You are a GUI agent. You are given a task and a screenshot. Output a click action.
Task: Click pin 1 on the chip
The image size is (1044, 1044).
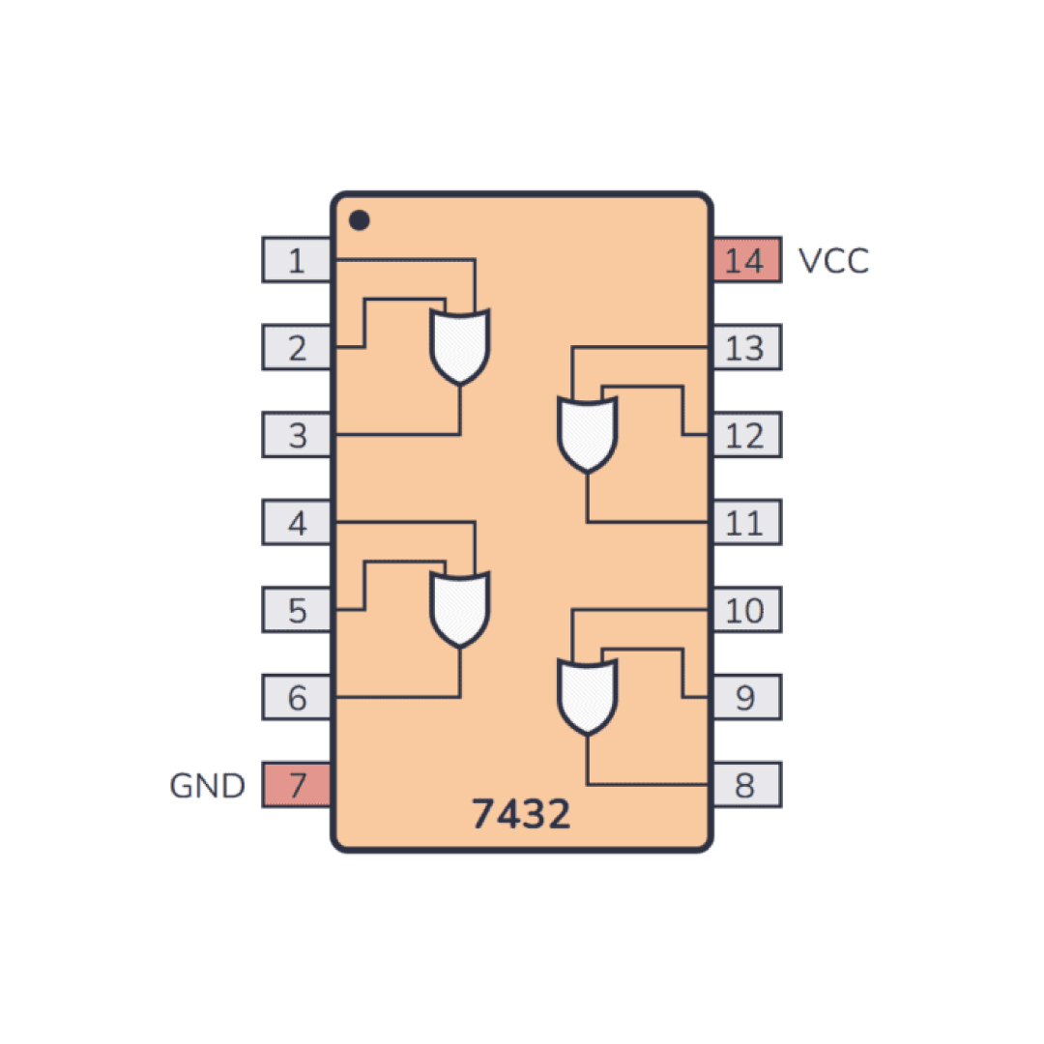point(297,260)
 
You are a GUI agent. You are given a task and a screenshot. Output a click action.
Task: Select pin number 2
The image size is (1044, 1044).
point(297,347)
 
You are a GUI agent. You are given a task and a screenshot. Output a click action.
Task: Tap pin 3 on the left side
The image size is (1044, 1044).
point(297,435)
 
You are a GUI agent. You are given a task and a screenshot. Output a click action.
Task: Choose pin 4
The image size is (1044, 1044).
point(297,522)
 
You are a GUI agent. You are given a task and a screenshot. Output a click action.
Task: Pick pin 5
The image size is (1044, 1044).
point(297,610)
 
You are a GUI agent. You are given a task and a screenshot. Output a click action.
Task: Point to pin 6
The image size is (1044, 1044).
point(297,697)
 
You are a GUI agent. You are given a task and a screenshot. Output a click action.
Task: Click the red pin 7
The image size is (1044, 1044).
point(297,784)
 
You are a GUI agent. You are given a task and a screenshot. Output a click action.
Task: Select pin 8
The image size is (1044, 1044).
point(747,784)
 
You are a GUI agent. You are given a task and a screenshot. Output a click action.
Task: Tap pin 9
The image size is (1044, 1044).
point(747,697)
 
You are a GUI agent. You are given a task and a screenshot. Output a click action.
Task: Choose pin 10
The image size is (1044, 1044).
point(747,610)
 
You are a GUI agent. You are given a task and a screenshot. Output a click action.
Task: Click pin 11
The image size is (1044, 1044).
point(747,522)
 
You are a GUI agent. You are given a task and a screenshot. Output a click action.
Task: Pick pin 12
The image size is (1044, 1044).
point(747,435)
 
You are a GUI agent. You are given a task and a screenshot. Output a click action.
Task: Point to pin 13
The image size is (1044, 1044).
point(747,347)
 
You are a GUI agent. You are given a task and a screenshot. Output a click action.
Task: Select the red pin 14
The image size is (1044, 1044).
point(747,260)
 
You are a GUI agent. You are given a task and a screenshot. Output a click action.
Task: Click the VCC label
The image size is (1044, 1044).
point(833,261)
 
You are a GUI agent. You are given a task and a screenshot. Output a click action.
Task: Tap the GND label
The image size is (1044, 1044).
point(208,786)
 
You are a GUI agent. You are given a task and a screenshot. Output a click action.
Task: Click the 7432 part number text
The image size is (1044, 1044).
point(521,814)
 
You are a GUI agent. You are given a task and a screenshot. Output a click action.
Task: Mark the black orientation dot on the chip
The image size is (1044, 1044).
point(359,219)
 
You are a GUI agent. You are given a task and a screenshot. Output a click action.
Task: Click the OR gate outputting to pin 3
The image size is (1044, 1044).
point(460,346)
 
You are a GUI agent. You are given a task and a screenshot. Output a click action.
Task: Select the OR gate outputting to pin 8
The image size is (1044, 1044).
point(588,696)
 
